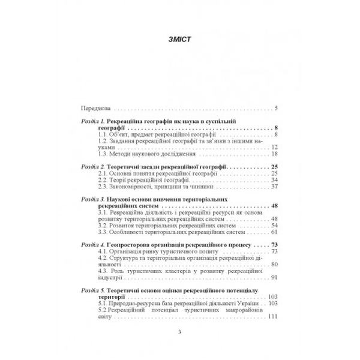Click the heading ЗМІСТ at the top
[x=179, y=40]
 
